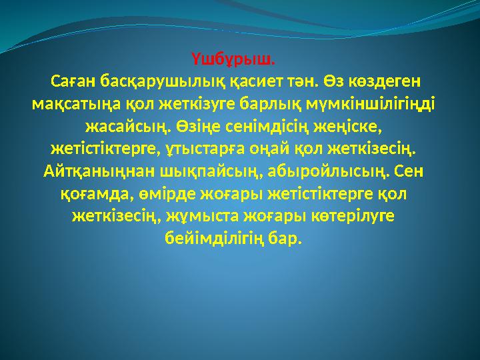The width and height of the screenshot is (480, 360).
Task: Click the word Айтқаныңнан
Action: (98, 171)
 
